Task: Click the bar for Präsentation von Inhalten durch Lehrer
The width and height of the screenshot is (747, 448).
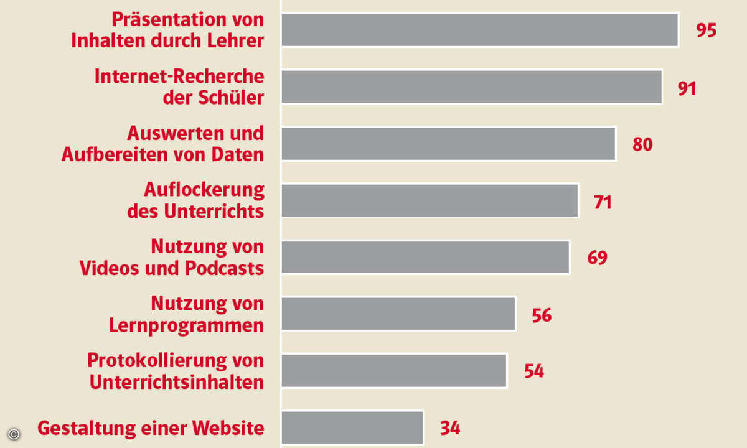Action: click(x=479, y=29)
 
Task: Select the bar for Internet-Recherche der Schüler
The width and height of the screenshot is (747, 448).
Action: click(x=471, y=86)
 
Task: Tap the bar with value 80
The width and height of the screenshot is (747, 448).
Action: click(x=448, y=144)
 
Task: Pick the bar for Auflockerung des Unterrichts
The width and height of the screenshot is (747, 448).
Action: click(x=430, y=200)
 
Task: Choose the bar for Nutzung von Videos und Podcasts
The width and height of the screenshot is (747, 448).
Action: click(x=425, y=257)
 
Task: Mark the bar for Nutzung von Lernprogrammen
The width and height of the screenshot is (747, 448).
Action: click(x=398, y=314)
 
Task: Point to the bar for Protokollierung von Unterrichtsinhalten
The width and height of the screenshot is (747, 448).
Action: click(x=394, y=371)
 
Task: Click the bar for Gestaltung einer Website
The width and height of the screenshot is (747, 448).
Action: click(x=352, y=427)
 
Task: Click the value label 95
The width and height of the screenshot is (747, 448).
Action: click(x=707, y=30)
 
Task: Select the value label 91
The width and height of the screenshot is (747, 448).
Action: click(x=687, y=88)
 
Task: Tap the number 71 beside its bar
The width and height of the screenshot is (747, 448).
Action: click(x=603, y=202)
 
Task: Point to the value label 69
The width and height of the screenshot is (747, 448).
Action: click(x=597, y=258)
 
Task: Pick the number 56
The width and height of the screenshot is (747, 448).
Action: click(x=542, y=315)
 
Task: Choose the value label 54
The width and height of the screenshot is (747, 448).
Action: click(x=533, y=371)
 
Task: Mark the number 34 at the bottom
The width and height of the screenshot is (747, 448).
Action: click(x=450, y=428)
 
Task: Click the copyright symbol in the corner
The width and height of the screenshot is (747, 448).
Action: click(x=14, y=434)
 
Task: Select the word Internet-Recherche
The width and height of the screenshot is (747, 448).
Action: click(x=179, y=77)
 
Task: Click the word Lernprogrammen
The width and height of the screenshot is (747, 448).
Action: click(x=186, y=325)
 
